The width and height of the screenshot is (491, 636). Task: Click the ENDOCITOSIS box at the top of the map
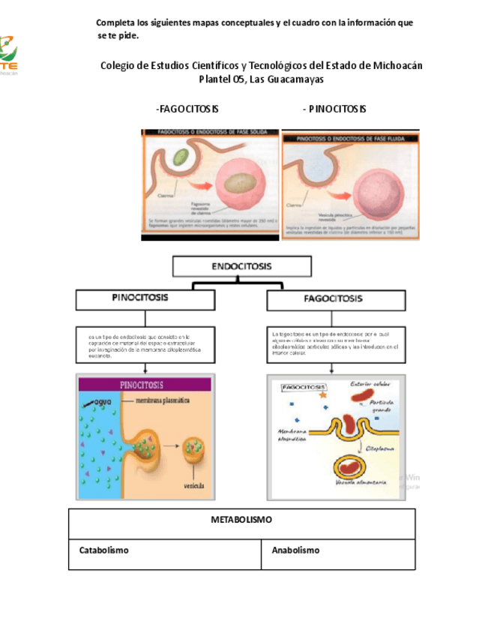click(x=241, y=267)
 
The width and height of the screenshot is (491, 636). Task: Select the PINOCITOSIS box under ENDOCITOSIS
click(x=139, y=298)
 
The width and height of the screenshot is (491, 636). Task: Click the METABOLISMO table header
click(x=241, y=520)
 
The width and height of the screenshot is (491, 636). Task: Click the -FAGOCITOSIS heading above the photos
click(x=187, y=109)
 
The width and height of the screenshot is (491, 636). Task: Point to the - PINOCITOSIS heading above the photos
click(x=334, y=109)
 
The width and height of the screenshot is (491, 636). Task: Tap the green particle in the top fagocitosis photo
click(x=181, y=157)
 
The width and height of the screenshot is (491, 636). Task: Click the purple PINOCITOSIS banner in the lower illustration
click(x=142, y=385)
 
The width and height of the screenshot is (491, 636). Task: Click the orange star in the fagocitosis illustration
click(x=322, y=393)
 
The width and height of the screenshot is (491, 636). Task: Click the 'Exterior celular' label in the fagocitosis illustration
click(x=371, y=385)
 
